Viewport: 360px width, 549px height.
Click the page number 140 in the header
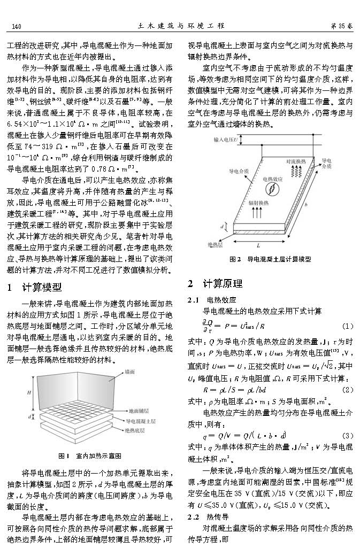(16, 26)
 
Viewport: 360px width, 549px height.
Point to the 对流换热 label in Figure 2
(297, 160)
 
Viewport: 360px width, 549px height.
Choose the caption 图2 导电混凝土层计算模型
(270, 259)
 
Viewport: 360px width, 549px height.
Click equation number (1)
(347, 326)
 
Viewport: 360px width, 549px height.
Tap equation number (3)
(347, 434)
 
